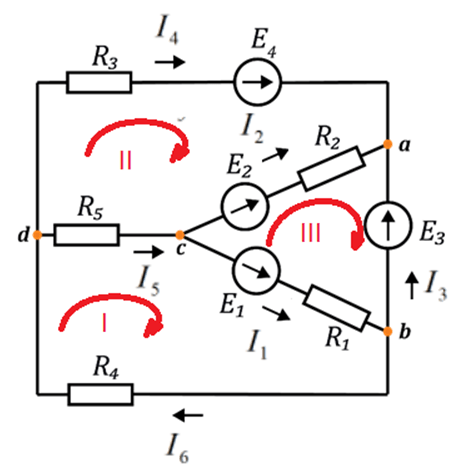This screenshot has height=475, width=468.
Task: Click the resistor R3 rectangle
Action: (x=99, y=82)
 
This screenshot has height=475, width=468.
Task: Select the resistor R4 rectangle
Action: (x=100, y=395)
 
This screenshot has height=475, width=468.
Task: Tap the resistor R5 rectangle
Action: (x=86, y=235)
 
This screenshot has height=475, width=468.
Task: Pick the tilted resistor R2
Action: (x=331, y=169)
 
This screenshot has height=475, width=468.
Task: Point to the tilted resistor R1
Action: (x=336, y=308)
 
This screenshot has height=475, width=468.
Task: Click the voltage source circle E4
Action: (x=257, y=82)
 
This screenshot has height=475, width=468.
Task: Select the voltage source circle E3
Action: (x=388, y=225)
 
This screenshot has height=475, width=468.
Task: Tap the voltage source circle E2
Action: (x=245, y=206)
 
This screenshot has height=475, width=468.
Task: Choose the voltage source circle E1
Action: (x=256, y=270)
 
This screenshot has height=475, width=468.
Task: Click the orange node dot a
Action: (x=387, y=144)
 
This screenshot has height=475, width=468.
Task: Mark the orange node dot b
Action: (x=387, y=331)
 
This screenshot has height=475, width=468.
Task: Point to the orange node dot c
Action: (x=180, y=235)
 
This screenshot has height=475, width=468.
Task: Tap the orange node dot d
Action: (x=37, y=235)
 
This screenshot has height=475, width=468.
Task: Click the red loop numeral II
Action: (x=125, y=160)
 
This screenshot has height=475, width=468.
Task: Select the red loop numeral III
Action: (x=311, y=232)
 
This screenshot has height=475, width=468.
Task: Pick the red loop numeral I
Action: (x=105, y=323)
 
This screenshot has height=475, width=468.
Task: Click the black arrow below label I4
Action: (x=170, y=62)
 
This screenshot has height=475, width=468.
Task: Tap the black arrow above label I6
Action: (x=188, y=415)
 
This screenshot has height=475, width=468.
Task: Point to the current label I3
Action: (x=436, y=286)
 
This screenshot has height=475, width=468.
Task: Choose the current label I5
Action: (x=149, y=280)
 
